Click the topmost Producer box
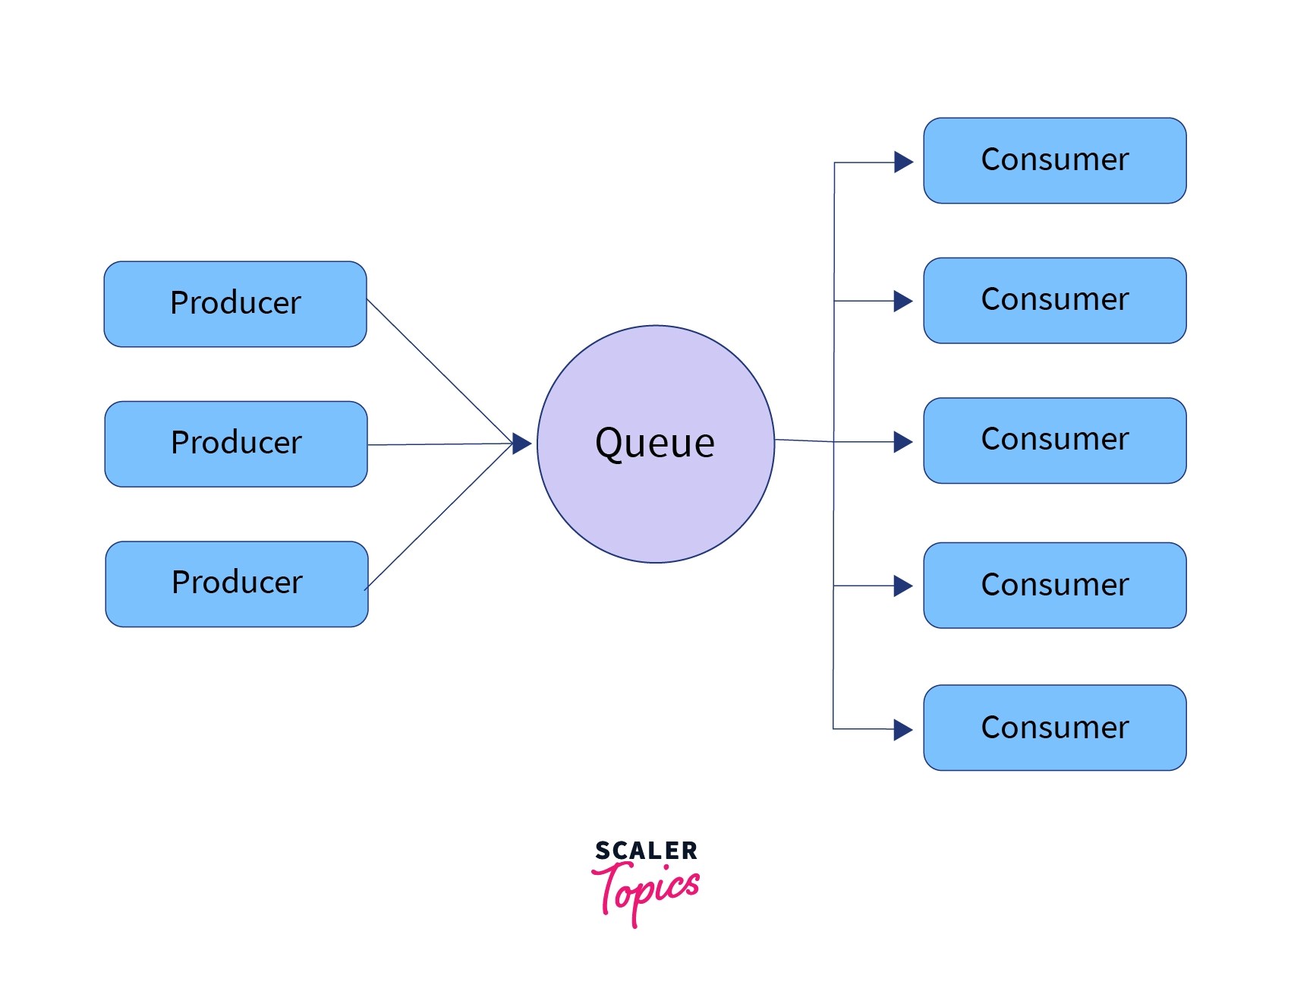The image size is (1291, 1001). coord(235,304)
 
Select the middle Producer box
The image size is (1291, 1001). coord(236,444)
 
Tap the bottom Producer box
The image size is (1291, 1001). coord(237,583)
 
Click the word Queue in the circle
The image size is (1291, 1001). coord(655,443)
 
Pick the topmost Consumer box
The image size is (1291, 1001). coord(1054,160)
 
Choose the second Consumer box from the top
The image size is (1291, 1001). coord(1054,300)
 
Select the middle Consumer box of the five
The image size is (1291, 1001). coord(1054,440)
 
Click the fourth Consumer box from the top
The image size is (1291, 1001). coord(1054,585)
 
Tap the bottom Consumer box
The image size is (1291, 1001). coord(1054,728)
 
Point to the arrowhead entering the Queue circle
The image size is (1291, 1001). coord(521,444)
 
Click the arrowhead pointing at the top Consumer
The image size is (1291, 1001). coord(902,162)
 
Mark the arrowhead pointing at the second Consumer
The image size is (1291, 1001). coord(902,302)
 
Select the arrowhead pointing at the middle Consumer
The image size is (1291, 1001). coord(902,442)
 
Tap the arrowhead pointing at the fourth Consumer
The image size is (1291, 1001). coord(902,586)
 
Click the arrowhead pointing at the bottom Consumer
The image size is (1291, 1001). coord(902,730)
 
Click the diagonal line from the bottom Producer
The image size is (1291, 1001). coord(439,517)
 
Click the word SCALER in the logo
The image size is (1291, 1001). coord(646,851)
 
